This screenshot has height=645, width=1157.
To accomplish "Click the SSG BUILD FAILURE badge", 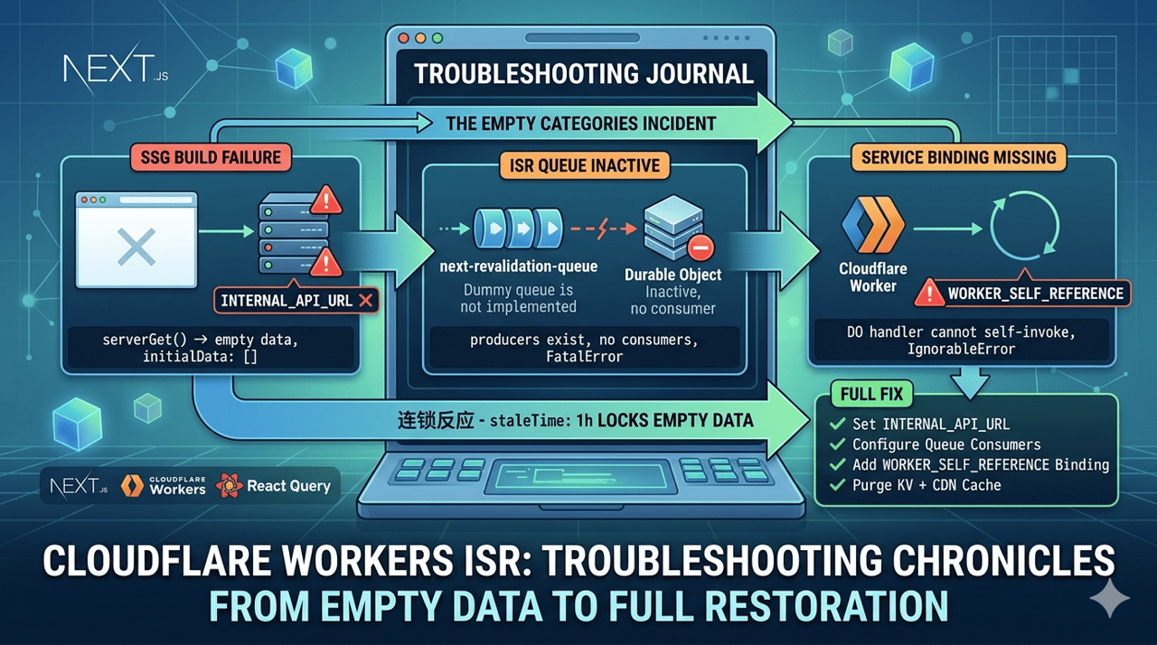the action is pos(211,157).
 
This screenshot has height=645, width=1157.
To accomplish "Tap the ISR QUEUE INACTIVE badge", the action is pos(584,165).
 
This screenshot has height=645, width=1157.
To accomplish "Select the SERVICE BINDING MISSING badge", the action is pos(958,157).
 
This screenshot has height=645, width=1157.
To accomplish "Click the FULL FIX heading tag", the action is pos(871,394).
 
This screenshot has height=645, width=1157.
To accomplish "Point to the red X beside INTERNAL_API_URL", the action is pos(366,300).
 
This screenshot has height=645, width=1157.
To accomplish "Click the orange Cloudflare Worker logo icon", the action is pos(873,224).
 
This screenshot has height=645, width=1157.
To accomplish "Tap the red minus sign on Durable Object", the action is pos(701,248).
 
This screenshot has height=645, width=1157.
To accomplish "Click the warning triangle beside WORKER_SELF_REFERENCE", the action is pos(929,293).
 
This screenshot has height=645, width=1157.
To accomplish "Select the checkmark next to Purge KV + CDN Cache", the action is pos(837,485).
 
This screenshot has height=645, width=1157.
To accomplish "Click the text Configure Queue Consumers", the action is pos(946,444).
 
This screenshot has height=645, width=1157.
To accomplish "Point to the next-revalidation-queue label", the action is pos(518,266).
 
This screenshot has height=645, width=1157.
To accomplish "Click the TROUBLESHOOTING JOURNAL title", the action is pos(584,74).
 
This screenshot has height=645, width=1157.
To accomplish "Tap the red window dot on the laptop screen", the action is pos(404,38).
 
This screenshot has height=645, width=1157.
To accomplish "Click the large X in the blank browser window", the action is pos(136,247).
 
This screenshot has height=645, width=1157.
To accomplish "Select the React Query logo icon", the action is pos(229,485).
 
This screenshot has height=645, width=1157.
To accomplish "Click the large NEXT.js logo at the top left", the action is pos(116,70).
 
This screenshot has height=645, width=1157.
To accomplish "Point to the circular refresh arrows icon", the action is pos(1025,226).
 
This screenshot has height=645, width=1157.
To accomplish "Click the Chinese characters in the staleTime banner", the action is pos(436,421).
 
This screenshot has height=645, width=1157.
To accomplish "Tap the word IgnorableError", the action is pos(961,350).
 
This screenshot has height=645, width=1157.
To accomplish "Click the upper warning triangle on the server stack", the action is pos(326,200).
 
